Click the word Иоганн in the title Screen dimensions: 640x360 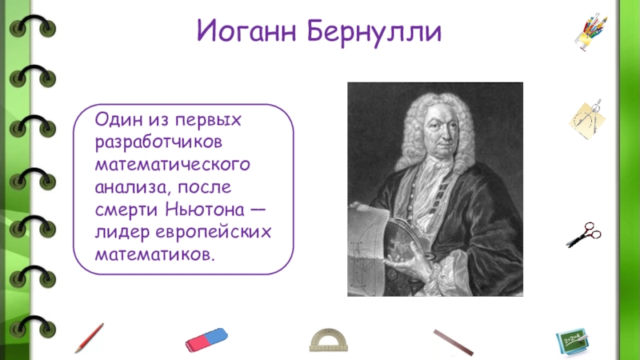[246, 31]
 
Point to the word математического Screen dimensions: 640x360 [172, 165]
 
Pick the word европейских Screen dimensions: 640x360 [214, 232]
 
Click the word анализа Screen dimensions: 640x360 [133, 188]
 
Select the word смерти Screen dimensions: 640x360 [126, 210]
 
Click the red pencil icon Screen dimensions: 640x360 [89, 338]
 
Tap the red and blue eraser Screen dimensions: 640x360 [206, 339]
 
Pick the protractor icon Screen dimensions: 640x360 [329, 340]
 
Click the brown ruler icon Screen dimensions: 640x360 [454, 342]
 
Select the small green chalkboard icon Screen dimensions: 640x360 [572, 342]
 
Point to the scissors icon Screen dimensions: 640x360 [584, 234]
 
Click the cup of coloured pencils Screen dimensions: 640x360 [591, 32]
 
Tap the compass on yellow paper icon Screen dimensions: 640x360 [587, 120]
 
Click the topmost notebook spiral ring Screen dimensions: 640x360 [33, 26]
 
